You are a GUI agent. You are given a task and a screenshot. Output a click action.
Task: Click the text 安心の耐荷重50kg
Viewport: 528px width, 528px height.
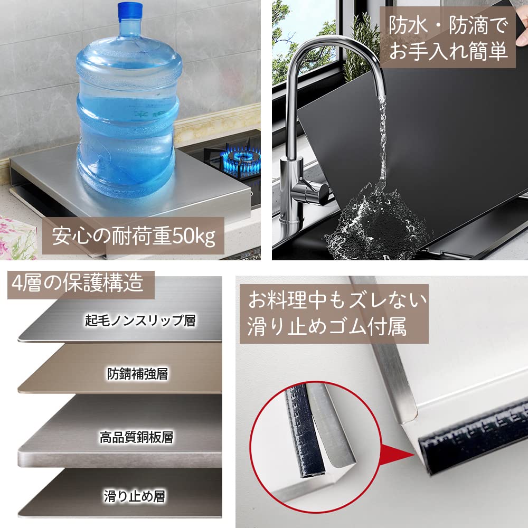click(134, 237)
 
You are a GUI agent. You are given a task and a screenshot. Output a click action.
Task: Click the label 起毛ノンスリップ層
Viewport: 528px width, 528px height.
click(140, 320)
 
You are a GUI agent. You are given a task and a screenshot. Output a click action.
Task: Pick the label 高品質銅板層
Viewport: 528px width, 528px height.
click(137, 437)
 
